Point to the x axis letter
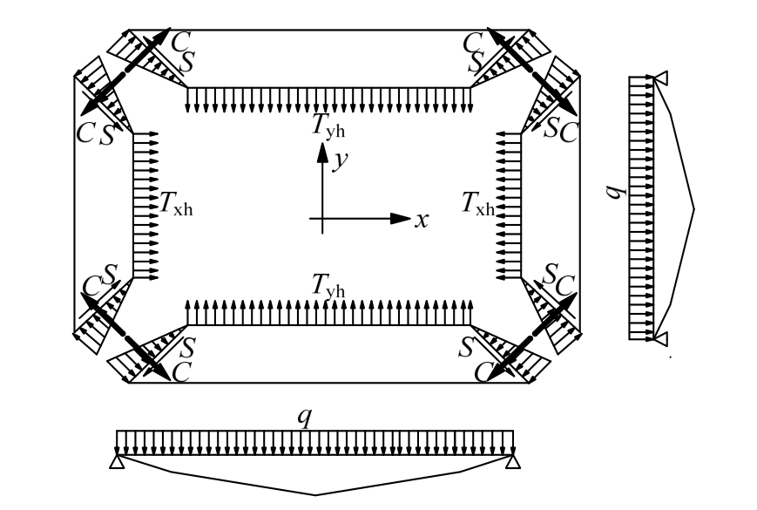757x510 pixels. click(x=422, y=220)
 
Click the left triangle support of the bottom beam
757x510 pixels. click(x=117, y=461)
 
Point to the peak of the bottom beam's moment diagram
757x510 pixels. click(x=315, y=493)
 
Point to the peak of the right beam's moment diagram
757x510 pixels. click(x=694, y=207)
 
